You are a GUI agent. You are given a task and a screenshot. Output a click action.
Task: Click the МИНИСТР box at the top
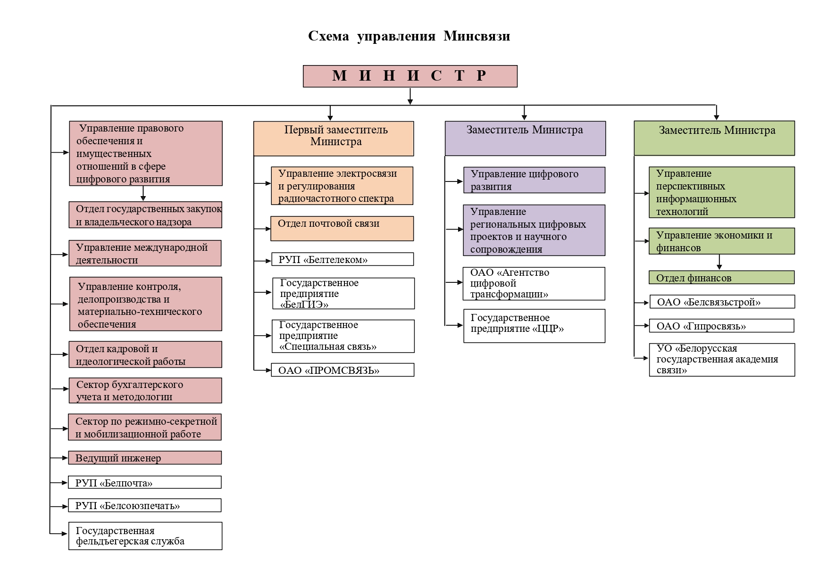click(x=410, y=76)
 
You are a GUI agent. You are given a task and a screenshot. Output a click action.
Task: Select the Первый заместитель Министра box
click(x=334, y=139)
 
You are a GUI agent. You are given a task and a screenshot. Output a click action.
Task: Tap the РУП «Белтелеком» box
click(x=343, y=259)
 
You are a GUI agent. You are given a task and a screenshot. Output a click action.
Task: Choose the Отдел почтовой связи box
click(x=342, y=229)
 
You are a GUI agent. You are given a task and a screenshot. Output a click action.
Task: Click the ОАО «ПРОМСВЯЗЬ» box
click(x=343, y=370)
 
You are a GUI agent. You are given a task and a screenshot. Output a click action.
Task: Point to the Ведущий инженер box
click(x=145, y=458)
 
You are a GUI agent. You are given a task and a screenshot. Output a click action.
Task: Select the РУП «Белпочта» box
click(x=145, y=482)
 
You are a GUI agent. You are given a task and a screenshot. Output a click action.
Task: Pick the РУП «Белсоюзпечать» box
click(x=145, y=505)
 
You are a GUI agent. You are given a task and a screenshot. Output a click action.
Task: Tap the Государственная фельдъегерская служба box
click(x=145, y=536)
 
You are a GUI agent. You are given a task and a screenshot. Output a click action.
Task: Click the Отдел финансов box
click(x=721, y=278)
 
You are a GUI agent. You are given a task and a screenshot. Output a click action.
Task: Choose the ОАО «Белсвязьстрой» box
click(x=722, y=302)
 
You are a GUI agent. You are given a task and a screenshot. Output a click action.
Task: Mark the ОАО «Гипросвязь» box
click(x=721, y=326)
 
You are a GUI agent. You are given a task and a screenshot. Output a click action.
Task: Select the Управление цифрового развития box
click(x=534, y=180)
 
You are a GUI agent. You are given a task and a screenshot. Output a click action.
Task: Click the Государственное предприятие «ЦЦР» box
click(x=534, y=326)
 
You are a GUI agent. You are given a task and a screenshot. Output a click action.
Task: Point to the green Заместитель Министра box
click(x=714, y=138)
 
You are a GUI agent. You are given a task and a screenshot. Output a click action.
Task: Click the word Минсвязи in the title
click(x=477, y=36)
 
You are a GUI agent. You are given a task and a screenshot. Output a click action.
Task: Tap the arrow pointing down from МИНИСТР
click(x=410, y=96)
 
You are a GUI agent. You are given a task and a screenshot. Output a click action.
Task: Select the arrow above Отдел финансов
click(x=719, y=262)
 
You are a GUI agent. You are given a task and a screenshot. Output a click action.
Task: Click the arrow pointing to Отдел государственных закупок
click(x=143, y=194)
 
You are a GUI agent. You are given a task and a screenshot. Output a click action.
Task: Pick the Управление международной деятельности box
click(x=145, y=254)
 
